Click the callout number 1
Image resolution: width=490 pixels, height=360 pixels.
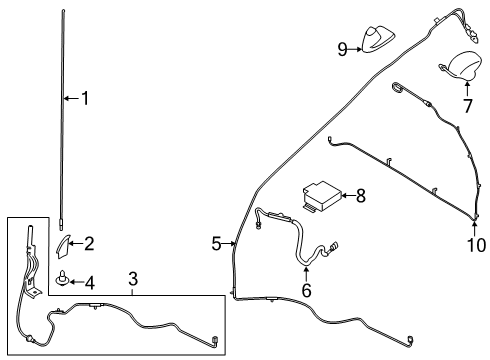(x=85, y=98)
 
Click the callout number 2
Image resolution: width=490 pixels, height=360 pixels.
(x=89, y=242)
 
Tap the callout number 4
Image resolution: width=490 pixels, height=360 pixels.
(x=89, y=283)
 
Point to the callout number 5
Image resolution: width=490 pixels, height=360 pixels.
(x=216, y=243)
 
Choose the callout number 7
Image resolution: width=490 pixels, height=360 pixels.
(x=467, y=105)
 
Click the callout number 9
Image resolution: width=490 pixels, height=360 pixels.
(x=342, y=48)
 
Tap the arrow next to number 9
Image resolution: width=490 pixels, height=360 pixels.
(x=356, y=48)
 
